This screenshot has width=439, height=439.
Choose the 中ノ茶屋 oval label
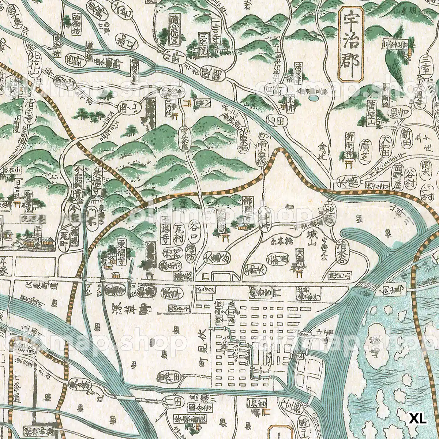[185, 138]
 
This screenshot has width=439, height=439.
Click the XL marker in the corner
[418, 419]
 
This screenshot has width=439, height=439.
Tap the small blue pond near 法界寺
[313, 98]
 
